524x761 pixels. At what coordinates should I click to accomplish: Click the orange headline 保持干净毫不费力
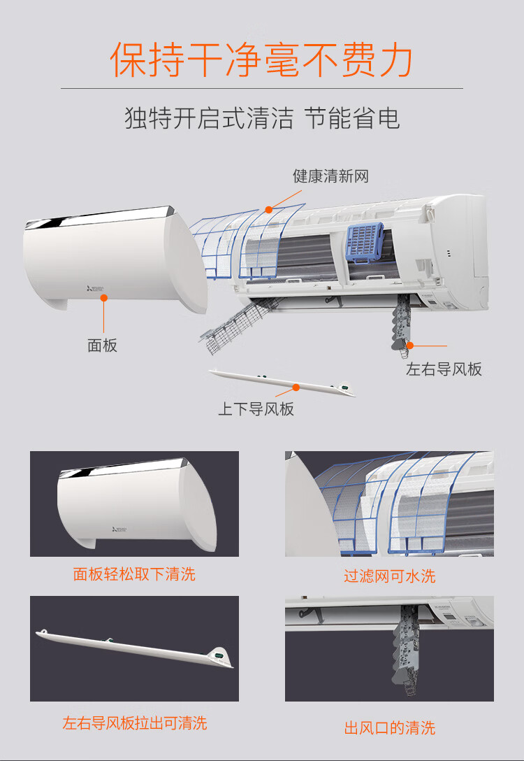coord(261,59)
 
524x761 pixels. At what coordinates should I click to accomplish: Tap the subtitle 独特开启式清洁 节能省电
coord(262,118)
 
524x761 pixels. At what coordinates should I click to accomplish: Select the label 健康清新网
coord(330,176)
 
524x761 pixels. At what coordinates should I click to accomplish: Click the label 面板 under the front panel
coord(102,345)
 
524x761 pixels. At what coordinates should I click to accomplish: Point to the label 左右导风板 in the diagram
coord(444,369)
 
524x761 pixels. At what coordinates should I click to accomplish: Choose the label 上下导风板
coord(256,408)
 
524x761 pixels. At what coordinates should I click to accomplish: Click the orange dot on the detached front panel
coord(103,297)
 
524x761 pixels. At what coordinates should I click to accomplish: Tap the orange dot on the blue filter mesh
coord(268,210)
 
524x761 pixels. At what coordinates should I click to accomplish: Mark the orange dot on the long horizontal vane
coord(296,387)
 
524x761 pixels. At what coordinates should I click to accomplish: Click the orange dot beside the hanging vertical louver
coord(410,346)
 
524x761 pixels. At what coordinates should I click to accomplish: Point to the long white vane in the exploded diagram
coord(282,383)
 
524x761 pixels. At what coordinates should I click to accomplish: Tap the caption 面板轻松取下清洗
coord(134,574)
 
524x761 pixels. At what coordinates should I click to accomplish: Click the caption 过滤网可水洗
coord(390,576)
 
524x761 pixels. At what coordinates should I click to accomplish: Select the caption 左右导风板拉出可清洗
coord(135,723)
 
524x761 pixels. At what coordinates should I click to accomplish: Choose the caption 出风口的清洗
coord(390,728)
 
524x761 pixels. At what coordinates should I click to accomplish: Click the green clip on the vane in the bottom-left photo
coord(218,655)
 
